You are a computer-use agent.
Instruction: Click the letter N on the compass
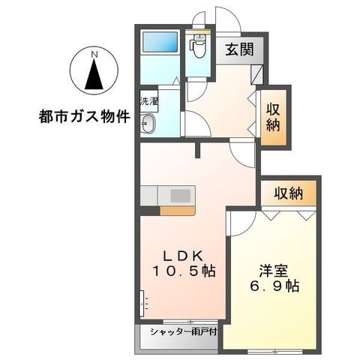click(94, 53)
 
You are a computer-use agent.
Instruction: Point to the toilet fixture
click(198, 48)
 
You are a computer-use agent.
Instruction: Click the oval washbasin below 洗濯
click(147, 125)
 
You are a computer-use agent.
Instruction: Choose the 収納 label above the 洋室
click(288, 193)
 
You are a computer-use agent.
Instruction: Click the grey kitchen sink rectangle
click(181, 195)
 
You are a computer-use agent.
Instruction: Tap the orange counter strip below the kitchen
click(178, 211)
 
